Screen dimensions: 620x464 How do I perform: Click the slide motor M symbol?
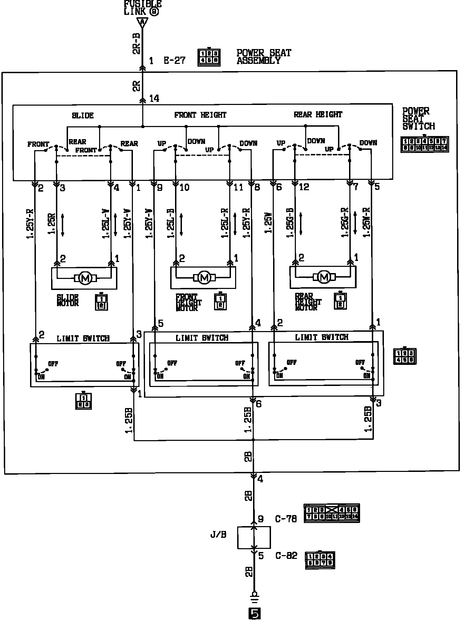(x=85, y=278)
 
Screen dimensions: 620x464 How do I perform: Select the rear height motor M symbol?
(x=324, y=277)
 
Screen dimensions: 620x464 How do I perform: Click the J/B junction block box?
(x=254, y=537)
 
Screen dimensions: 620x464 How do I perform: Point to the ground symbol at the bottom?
(x=254, y=596)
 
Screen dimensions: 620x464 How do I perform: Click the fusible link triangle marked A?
(x=142, y=23)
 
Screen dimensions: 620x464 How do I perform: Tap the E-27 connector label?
(x=174, y=61)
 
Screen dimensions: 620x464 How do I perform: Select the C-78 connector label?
(x=286, y=519)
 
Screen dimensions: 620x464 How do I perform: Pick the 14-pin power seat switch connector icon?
(x=424, y=144)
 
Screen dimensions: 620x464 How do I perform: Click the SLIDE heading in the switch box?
(x=83, y=115)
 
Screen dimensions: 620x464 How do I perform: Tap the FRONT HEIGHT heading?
(x=200, y=115)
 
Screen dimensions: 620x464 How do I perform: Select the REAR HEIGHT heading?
(x=318, y=114)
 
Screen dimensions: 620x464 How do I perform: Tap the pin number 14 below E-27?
(x=154, y=99)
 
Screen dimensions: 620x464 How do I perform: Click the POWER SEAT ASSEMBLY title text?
(x=264, y=57)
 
